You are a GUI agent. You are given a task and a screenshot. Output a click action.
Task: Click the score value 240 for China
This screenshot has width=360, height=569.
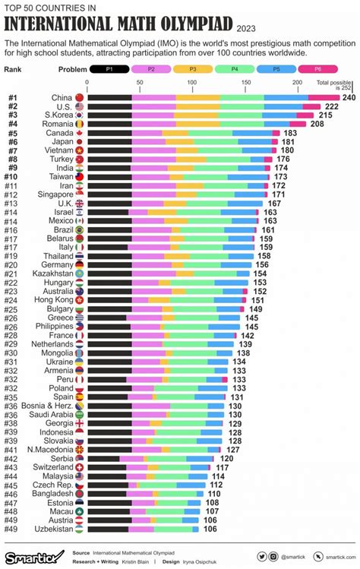(349, 98)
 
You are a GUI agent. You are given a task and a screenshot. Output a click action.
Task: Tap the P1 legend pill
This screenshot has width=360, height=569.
(109, 69)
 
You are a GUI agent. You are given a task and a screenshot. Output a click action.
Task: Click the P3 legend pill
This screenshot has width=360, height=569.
(198, 69)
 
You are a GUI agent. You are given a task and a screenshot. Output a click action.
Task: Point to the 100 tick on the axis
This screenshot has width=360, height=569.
(191, 82)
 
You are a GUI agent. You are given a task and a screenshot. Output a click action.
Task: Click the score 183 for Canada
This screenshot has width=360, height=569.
(289, 132)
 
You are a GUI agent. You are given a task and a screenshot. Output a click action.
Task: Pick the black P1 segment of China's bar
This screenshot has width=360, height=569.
(109, 98)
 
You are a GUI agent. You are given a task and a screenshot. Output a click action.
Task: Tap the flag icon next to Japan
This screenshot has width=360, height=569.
(79, 142)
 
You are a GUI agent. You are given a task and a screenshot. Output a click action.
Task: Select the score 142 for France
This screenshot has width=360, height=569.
(248, 335)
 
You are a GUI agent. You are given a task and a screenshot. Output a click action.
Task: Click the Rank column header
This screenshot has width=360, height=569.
(13, 69)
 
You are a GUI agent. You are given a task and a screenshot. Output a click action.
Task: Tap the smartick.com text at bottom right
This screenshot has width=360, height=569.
(331, 557)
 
